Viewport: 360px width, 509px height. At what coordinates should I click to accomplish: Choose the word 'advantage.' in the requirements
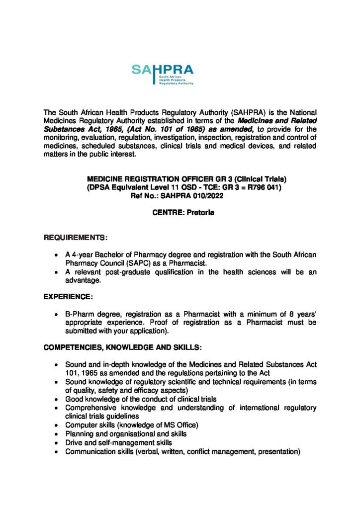[83, 281]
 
